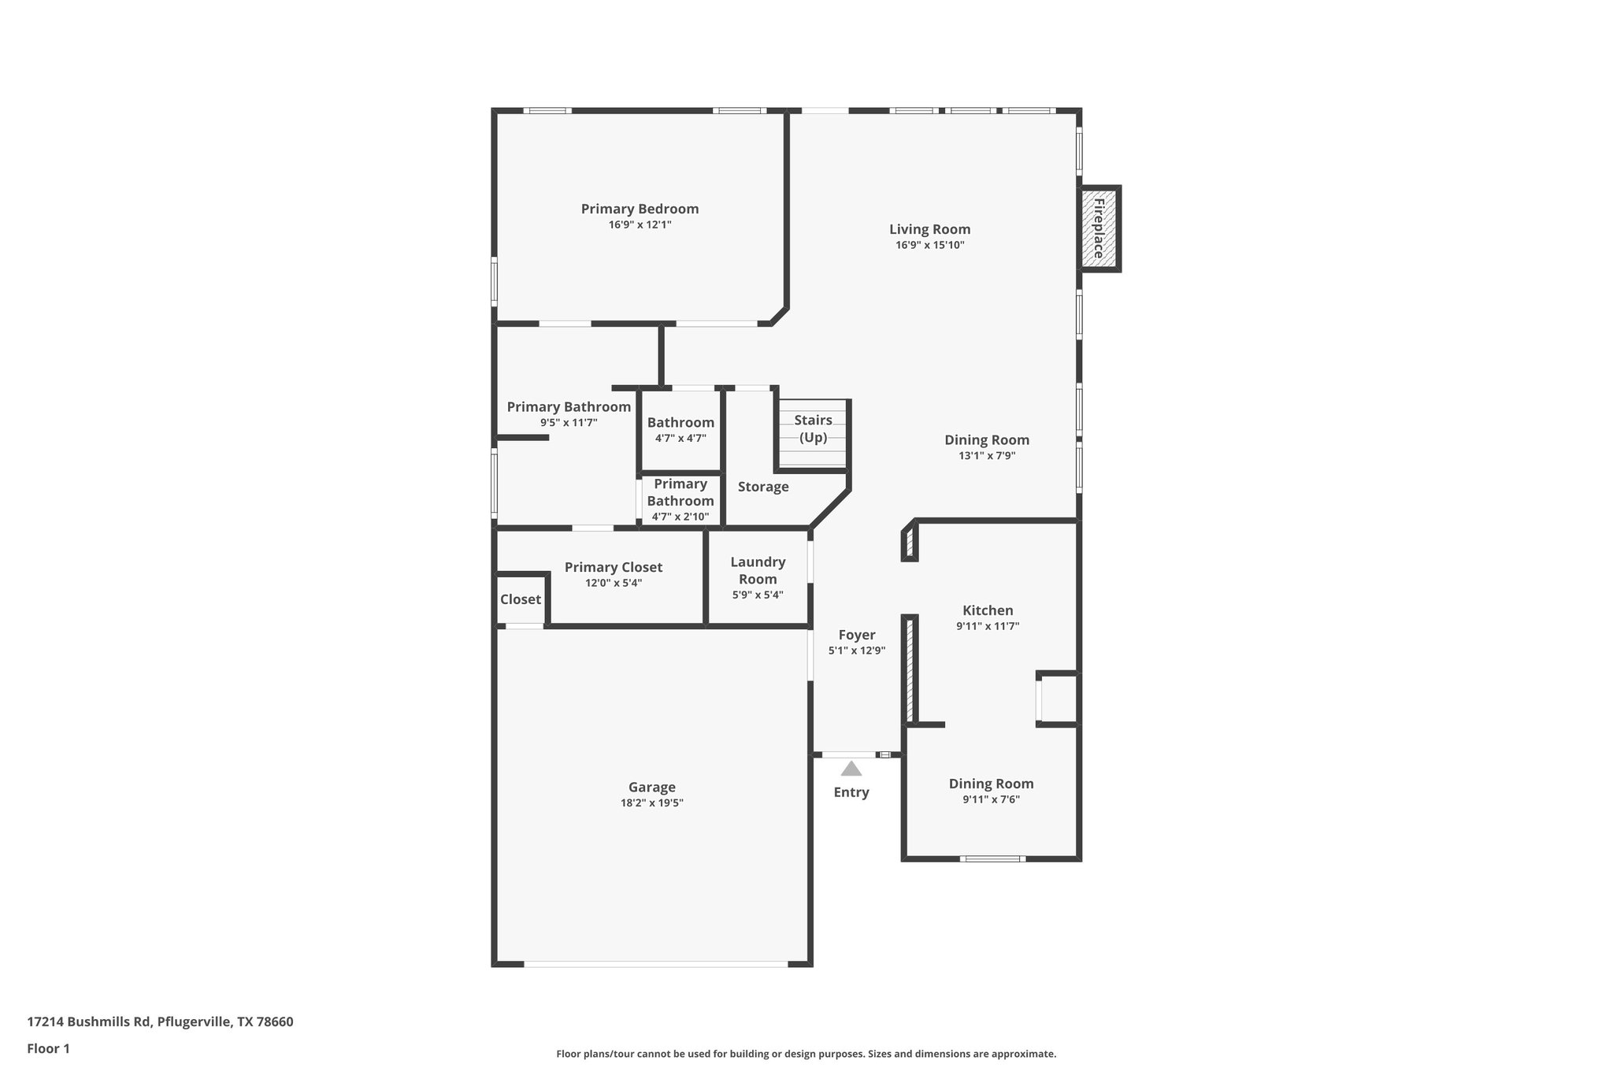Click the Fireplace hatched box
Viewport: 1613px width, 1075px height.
point(1098,229)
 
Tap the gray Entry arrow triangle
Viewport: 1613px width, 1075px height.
point(851,769)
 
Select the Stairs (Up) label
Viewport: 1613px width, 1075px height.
point(813,428)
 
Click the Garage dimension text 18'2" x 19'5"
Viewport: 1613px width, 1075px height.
point(651,803)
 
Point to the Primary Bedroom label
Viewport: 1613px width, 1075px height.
point(640,209)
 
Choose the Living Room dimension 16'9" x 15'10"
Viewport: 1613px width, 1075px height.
point(929,245)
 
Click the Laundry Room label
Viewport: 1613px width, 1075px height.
point(758,570)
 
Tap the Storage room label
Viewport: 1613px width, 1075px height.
point(762,487)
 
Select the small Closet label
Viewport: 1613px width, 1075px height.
point(520,599)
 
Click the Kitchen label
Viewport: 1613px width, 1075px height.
point(988,610)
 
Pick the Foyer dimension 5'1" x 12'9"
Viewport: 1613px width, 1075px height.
point(857,651)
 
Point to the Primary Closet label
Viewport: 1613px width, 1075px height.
point(613,567)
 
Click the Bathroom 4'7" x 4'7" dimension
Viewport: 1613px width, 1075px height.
point(680,438)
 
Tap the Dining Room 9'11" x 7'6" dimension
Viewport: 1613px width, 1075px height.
point(991,799)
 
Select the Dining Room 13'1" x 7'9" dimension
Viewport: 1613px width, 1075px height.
point(987,455)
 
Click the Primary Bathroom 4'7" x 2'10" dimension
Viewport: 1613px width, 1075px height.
point(680,517)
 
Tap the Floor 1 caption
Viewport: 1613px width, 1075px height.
point(48,1049)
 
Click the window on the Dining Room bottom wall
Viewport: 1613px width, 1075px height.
point(992,858)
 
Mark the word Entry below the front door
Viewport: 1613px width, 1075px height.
point(851,792)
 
